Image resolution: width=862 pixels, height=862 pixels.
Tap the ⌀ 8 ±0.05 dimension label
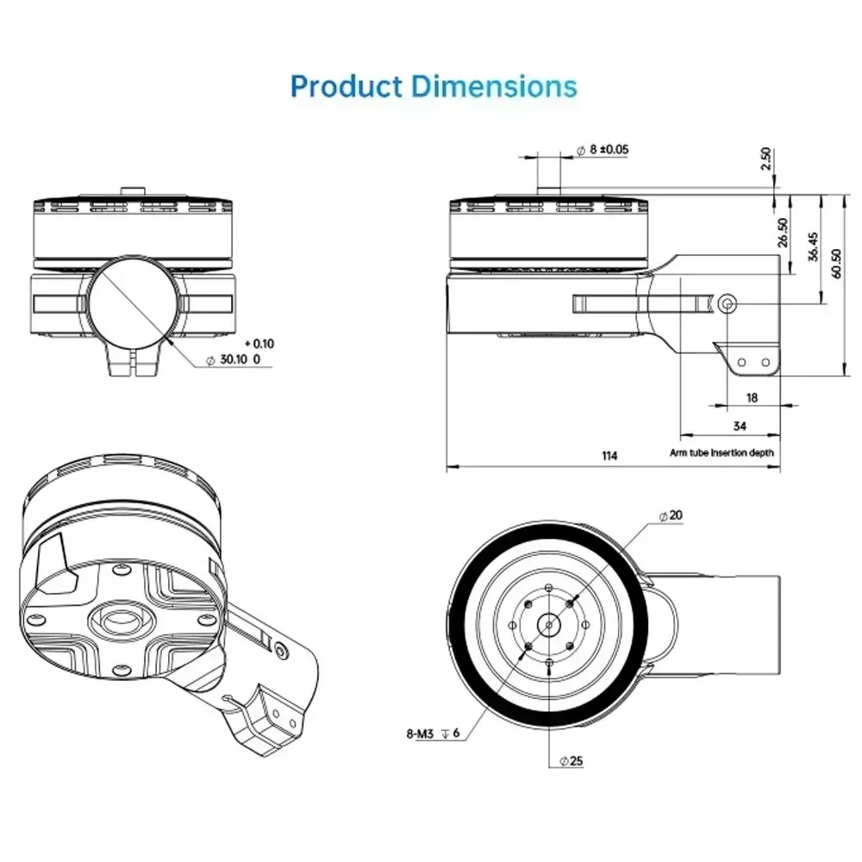tap(602, 149)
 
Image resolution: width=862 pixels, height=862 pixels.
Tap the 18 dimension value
tap(751, 397)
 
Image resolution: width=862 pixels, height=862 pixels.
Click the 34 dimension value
tap(740, 426)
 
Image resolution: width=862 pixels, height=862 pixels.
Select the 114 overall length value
tap(609, 456)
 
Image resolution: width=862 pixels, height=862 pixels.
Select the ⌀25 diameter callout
tap(573, 760)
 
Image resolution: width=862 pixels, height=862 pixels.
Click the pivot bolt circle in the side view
tap(728, 303)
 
